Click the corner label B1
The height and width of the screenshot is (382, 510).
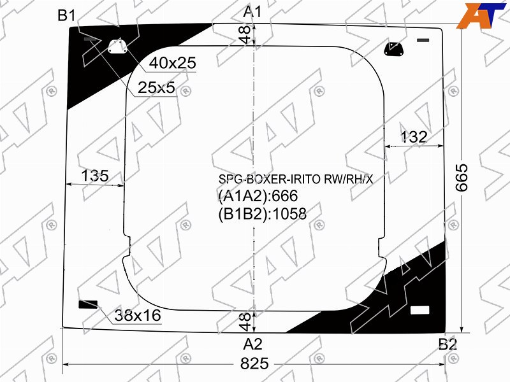pyautogui.click(x=66, y=15)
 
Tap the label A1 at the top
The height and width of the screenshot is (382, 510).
pyautogui.click(x=252, y=12)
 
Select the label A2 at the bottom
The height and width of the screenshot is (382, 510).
pyautogui.click(x=252, y=344)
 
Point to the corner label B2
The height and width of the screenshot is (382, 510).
pyautogui.click(x=448, y=344)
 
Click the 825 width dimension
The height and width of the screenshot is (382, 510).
pyautogui.click(x=254, y=364)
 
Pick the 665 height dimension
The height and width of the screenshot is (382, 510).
pyautogui.click(x=462, y=178)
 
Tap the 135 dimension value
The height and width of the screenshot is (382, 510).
pyautogui.click(x=94, y=176)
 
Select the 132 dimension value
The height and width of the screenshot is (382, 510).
pyautogui.click(x=413, y=137)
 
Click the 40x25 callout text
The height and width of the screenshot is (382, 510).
pyautogui.click(x=173, y=62)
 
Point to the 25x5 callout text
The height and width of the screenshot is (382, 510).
pyautogui.click(x=156, y=87)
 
